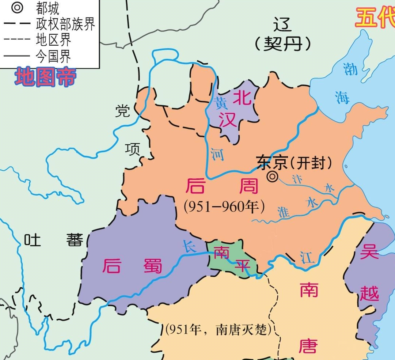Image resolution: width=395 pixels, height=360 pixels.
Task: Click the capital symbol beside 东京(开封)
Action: (x=272, y=177)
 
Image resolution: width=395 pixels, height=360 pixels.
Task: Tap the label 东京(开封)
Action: (x=294, y=163)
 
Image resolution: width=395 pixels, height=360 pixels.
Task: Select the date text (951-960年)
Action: (x=224, y=207)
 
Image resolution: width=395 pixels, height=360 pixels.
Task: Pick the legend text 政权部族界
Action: (x=65, y=24)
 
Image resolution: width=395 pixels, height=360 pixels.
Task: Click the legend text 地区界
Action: (x=53, y=40)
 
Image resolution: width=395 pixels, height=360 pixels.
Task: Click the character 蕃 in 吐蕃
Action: (x=75, y=240)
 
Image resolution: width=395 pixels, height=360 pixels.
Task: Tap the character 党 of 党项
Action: (x=123, y=110)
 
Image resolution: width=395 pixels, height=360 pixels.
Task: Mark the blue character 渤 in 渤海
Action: (x=350, y=69)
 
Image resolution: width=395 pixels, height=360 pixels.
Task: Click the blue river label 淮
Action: (x=284, y=212)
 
